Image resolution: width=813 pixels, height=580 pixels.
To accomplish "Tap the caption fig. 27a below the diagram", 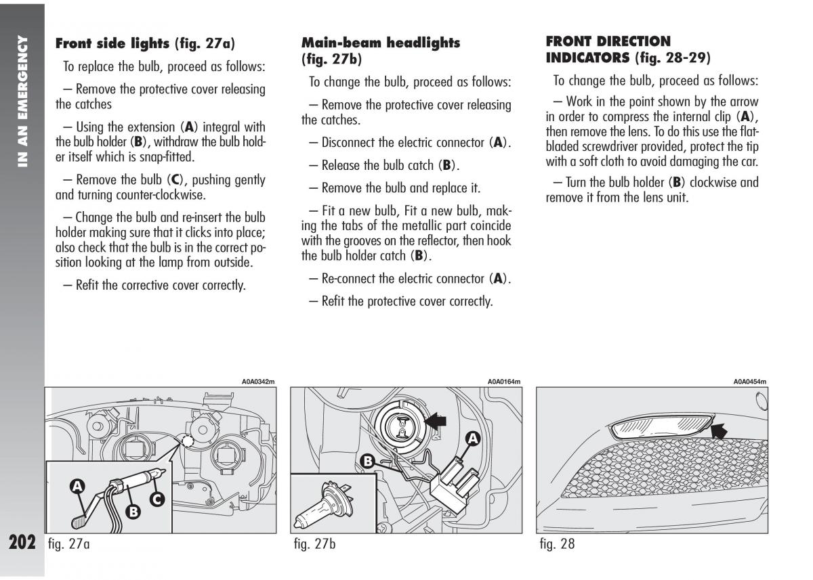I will (x=68, y=544).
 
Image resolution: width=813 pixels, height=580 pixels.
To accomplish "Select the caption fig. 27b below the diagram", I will (x=315, y=544).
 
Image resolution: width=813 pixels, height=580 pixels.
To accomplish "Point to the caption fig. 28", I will (x=557, y=544).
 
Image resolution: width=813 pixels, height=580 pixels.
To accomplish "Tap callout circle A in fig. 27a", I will (x=77, y=485).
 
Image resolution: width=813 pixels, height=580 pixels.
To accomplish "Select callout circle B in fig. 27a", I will (x=133, y=512).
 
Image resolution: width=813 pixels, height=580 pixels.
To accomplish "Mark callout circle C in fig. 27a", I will (x=157, y=500).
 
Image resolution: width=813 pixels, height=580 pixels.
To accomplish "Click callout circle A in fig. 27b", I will (x=472, y=439).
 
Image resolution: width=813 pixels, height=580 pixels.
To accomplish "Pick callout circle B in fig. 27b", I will (x=367, y=462).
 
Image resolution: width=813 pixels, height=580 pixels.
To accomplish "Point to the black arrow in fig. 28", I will (x=724, y=428).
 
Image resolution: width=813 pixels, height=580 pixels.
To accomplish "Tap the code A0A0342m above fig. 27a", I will (x=258, y=382).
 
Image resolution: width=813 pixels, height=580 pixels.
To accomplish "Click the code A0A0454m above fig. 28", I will (x=749, y=382).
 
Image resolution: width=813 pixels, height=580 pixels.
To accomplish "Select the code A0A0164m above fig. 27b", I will (x=504, y=382).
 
